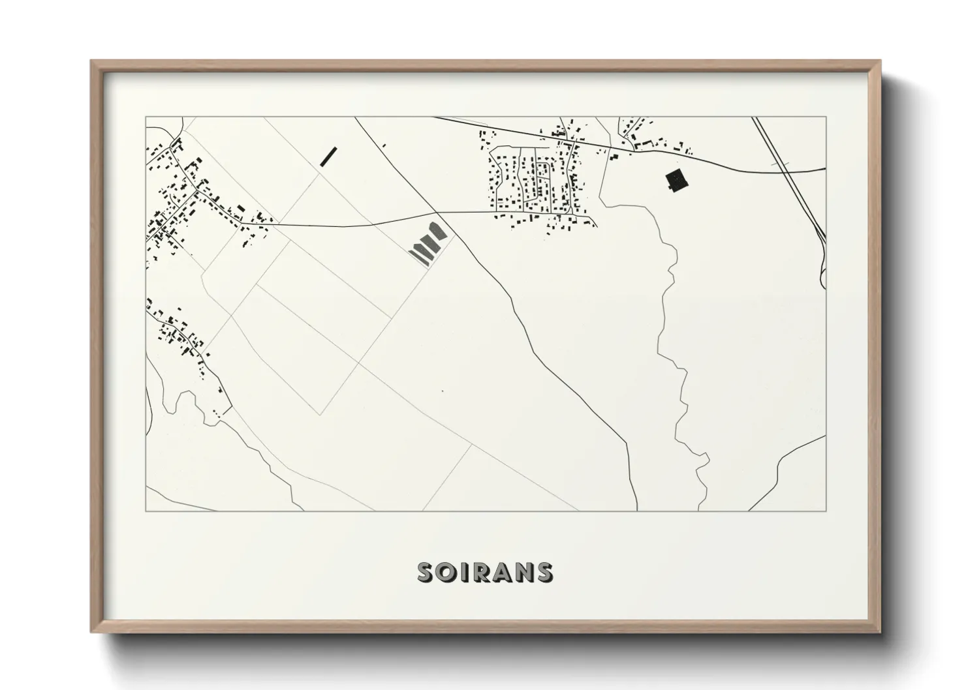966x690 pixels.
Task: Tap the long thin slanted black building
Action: tap(328, 157)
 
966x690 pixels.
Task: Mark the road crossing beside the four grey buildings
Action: tap(435, 213)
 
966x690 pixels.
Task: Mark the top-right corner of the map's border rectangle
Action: tap(826, 117)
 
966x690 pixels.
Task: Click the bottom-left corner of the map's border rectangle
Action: tap(146, 511)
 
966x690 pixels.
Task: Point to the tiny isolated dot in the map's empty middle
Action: tap(443, 391)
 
